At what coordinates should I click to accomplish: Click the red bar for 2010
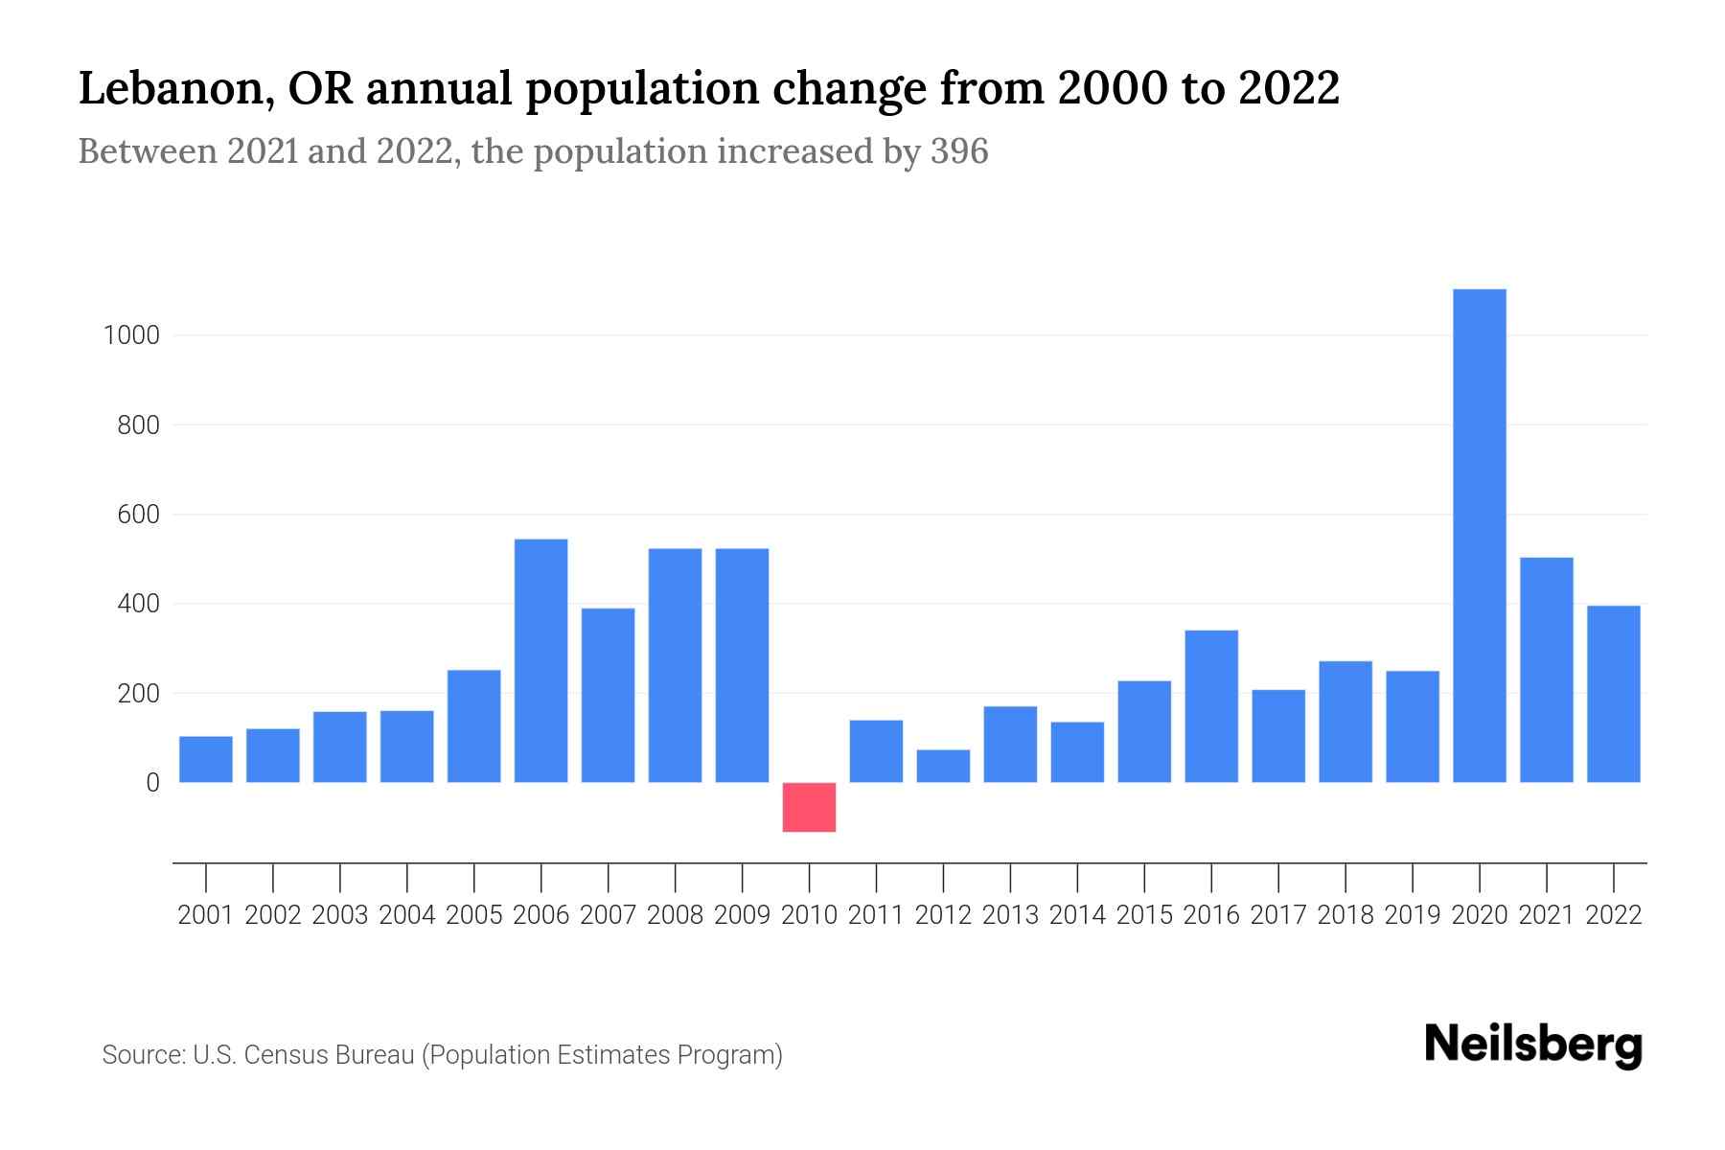pyautogui.click(x=809, y=807)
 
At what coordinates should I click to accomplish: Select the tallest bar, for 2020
pyautogui.click(x=1480, y=536)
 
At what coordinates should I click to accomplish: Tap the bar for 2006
pyautogui.click(x=541, y=660)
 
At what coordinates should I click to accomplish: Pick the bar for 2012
pyautogui.click(x=943, y=766)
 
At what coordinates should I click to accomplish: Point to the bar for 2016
pyautogui.click(x=1211, y=706)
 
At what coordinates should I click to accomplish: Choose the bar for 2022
pyautogui.click(x=1614, y=694)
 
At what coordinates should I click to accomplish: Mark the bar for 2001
pyautogui.click(x=206, y=759)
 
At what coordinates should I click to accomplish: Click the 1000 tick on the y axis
pyautogui.click(x=132, y=335)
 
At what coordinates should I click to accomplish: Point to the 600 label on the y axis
pyautogui.click(x=138, y=515)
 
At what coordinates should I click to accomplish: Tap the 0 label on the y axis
pyautogui.click(x=152, y=783)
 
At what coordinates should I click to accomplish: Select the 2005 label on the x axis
pyautogui.click(x=474, y=915)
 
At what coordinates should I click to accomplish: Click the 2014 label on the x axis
pyautogui.click(x=1077, y=915)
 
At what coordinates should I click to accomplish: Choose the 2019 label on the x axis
pyautogui.click(x=1413, y=915)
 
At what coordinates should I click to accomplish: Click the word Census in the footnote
pyautogui.click(x=284, y=1055)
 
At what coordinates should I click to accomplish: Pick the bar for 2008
pyautogui.click(x=676, y=665)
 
